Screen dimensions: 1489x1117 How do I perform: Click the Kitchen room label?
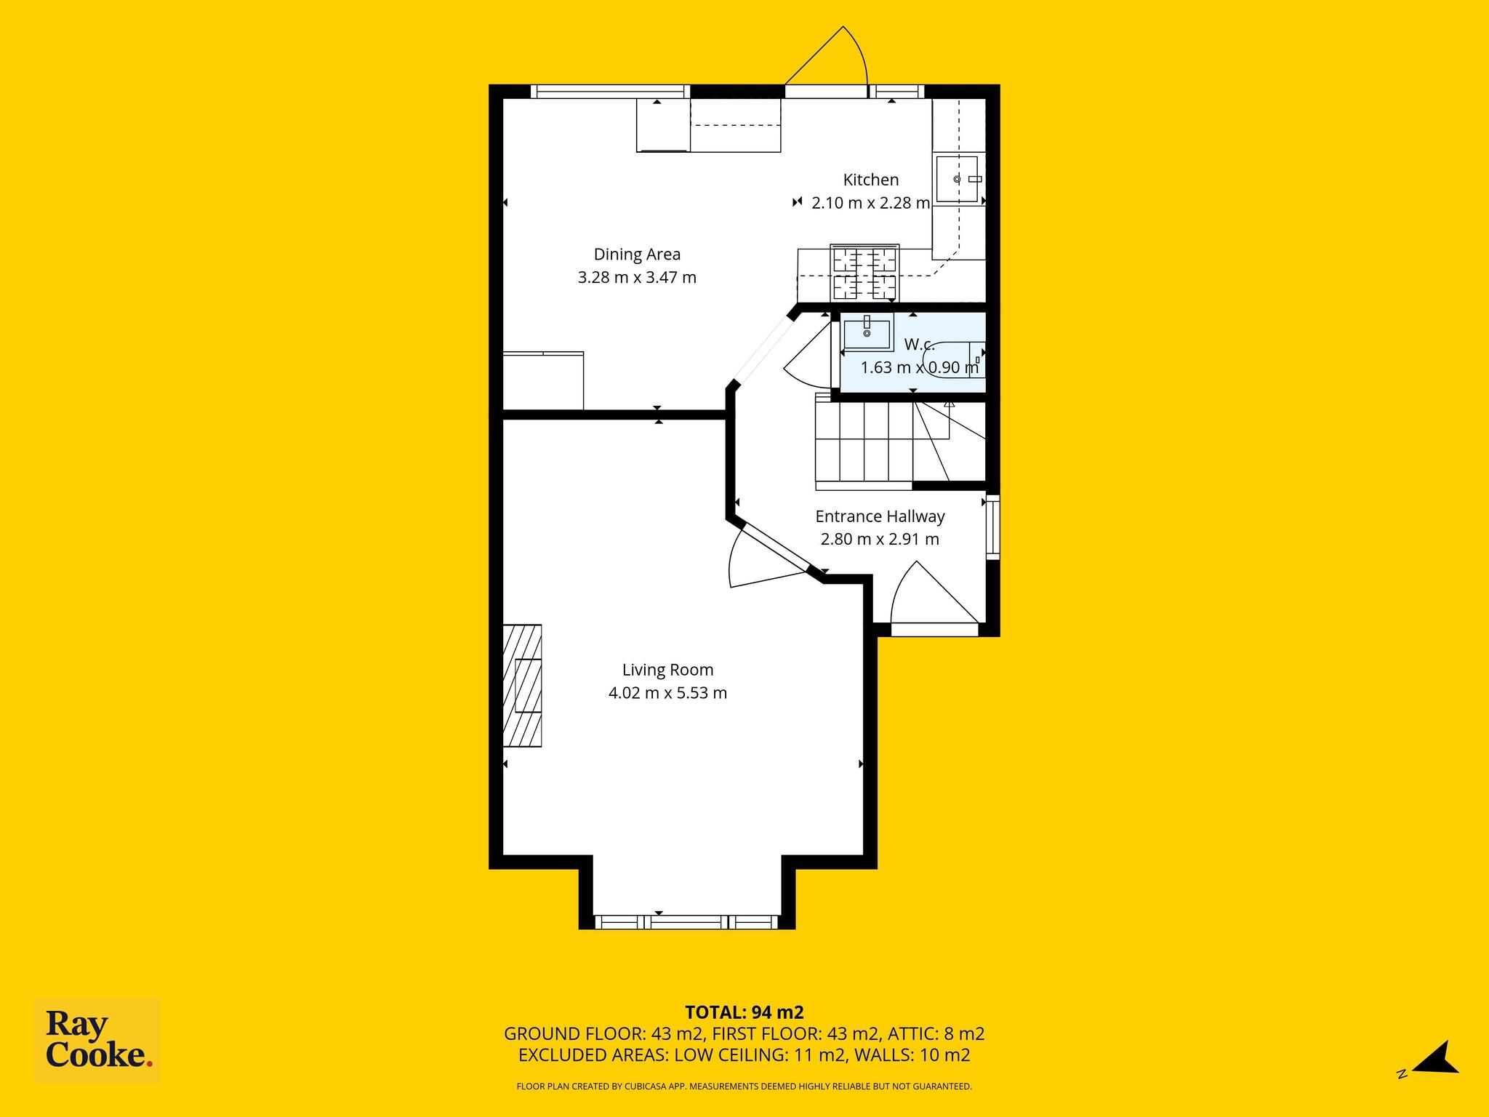[x=870, y=180]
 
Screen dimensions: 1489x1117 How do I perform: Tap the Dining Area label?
[x=637, y=255]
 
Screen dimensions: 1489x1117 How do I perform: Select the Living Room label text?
[x=667, y=670]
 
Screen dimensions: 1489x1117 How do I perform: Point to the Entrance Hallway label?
[x=880, y=516]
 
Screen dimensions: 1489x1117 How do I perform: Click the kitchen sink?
[x=957, y=179]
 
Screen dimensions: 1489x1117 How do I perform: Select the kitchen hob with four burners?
[x=864, y=273]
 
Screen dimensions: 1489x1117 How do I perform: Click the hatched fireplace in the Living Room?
[x=523, y=684]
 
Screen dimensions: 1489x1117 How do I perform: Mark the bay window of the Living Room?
[x=686, y=922]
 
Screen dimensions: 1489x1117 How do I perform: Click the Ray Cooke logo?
[x=97, y=1041]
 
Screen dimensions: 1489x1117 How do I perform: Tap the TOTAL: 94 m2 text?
[x=744, y=1012]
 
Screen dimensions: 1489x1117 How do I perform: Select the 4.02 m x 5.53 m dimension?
[x=667, y=693]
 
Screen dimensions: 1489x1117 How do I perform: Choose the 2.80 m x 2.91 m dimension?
[x=880, y=540]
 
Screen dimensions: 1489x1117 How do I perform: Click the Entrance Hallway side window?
[x=992, y=527]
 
